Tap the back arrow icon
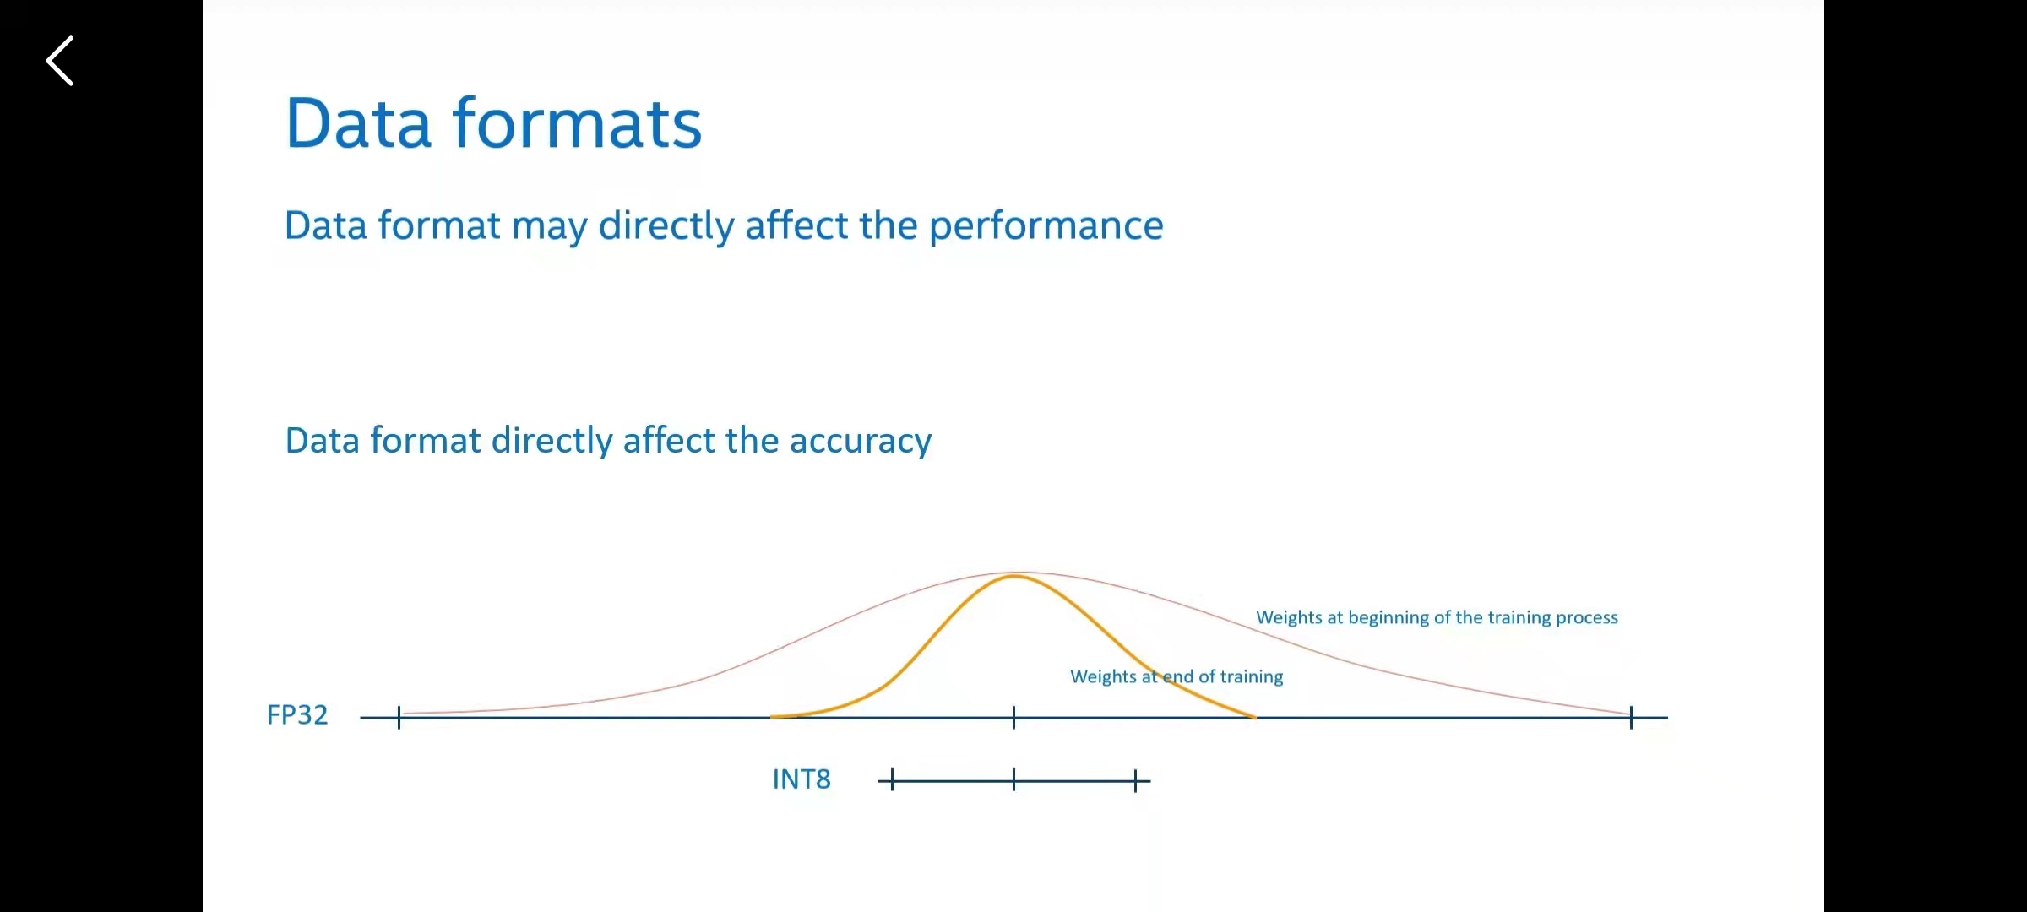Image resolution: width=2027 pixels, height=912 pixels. point(60,61)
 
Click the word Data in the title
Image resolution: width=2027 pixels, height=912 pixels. point(359,123)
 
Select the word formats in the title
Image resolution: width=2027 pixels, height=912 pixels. point(578,123)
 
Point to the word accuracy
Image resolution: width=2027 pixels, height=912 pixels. point(861,442)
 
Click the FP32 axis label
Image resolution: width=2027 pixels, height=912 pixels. point(297,715)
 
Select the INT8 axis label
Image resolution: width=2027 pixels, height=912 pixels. point(802,779)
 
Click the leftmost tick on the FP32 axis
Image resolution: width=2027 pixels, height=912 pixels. point(399,718)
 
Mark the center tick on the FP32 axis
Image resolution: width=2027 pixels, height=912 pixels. point(1013,718)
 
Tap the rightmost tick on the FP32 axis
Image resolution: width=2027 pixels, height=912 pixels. point(1631,718)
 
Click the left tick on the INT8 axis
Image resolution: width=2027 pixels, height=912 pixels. point(892,780)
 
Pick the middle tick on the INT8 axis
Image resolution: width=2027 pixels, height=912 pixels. point(1013,780)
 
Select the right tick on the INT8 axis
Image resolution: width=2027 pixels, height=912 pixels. point(1136,780)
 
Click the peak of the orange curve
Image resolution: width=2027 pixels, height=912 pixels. point(1013,576)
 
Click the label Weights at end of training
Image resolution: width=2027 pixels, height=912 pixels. point(1177,676)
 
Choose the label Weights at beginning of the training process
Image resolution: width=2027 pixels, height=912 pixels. point(1437,617)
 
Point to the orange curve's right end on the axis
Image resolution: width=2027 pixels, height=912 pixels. point(1255,717)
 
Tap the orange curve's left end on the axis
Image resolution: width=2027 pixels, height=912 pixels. point(772,717)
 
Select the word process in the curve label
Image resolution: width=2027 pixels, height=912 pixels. point(1587,619)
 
